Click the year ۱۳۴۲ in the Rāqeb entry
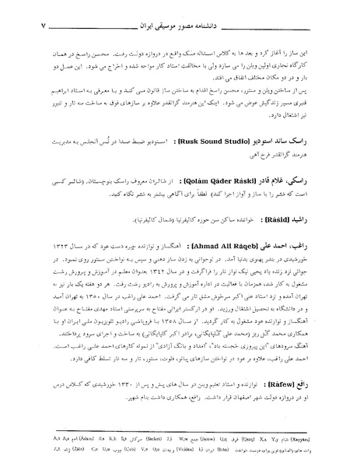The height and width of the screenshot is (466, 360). coord(183,273)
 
